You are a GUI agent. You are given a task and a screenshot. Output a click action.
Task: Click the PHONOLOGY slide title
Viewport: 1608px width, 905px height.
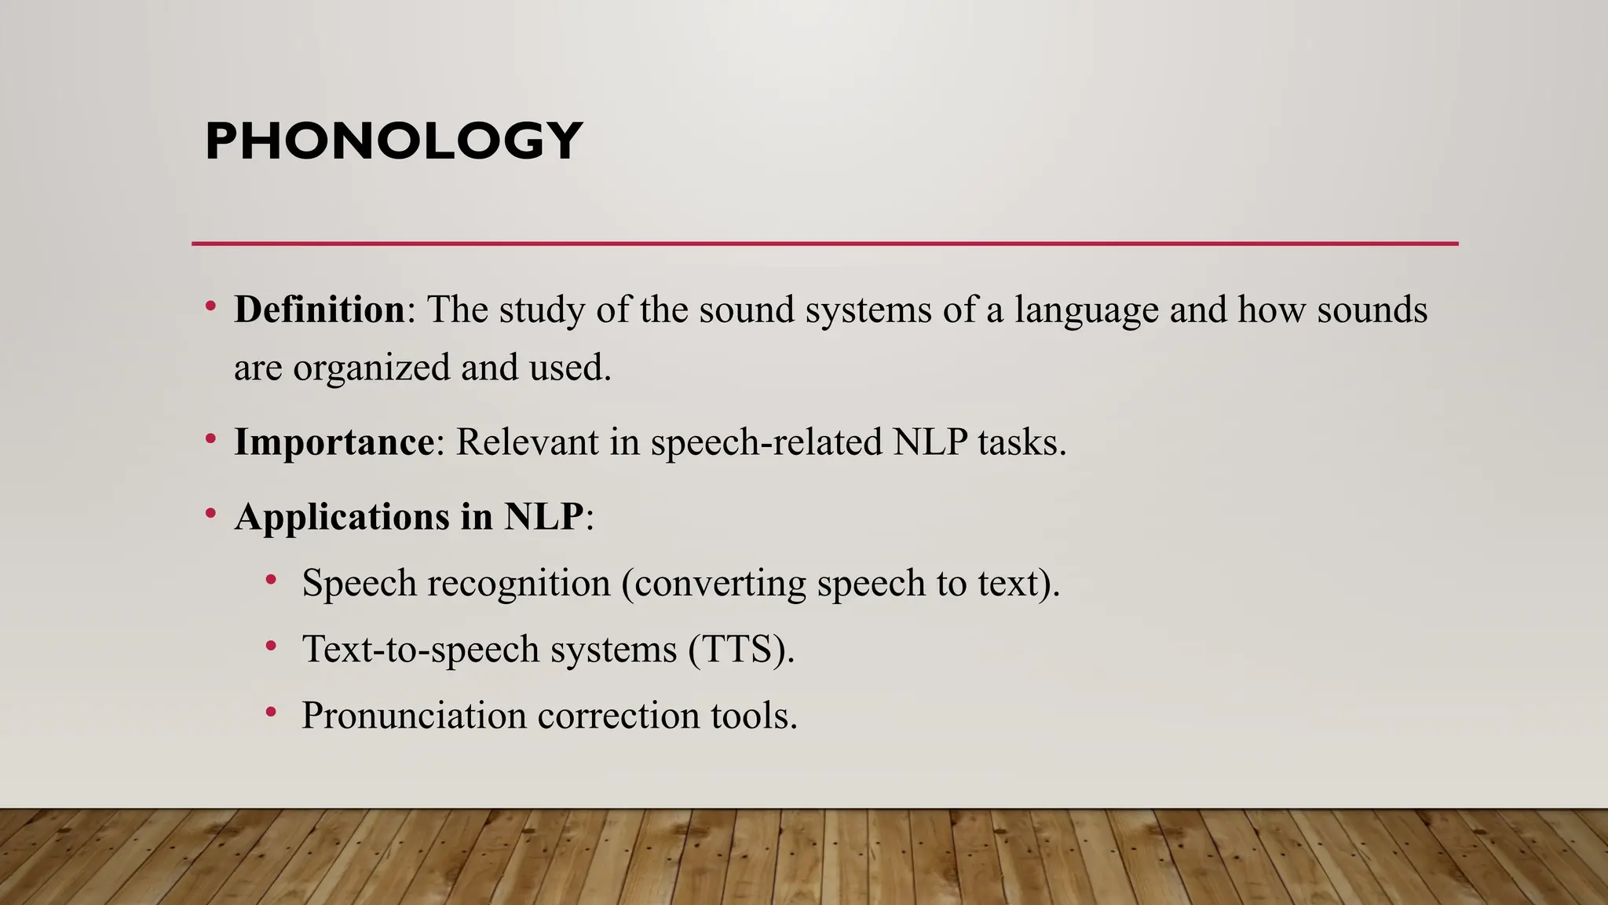point(393,141)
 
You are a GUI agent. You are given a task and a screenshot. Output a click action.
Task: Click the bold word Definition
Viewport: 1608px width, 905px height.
point(319,310)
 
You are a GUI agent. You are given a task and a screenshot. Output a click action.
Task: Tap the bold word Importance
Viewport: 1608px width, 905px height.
point(334,442)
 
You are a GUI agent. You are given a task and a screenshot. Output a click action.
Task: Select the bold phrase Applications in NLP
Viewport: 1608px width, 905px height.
point(408,517)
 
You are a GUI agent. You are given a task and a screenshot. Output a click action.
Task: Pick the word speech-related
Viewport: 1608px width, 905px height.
point(766,442)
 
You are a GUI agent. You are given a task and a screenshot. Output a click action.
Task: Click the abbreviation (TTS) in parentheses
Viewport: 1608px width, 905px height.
point(741,650)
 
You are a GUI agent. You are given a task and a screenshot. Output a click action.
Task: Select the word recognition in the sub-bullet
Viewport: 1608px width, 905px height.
point(519,584)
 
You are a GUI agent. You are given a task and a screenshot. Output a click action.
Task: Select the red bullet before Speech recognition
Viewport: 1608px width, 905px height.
point(271,580)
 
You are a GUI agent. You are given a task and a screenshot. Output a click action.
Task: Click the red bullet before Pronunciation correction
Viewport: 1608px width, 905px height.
point(271,712)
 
